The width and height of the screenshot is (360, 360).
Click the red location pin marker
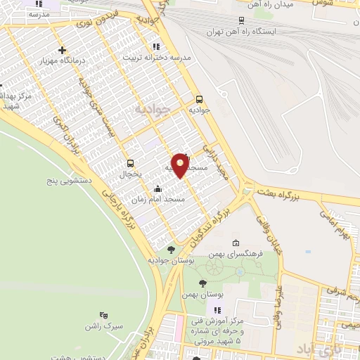point(180,165)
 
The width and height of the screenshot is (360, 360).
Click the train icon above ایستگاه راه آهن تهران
point(242,20)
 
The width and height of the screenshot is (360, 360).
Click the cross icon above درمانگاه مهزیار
point(63,50)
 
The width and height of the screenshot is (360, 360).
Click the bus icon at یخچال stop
point(130,163)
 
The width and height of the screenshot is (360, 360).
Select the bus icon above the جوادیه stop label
point(200,99)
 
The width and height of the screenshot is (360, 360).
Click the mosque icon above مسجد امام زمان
point(157,188)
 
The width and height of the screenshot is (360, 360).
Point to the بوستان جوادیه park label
point(170,260)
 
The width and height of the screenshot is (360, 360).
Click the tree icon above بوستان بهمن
point(203,283)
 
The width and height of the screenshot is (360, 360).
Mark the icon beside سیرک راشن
point(103,316)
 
